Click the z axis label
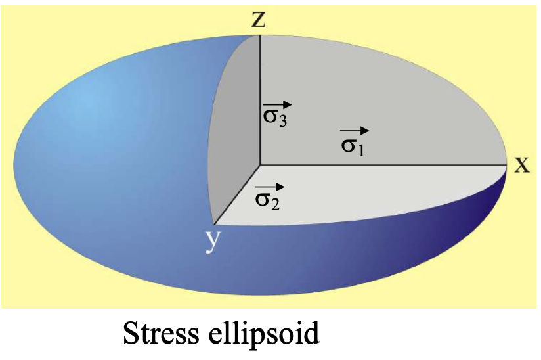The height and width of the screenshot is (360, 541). tap(259, 20)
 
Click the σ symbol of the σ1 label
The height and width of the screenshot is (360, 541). tap(349, 143)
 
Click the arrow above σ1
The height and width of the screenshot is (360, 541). tap(355, 131)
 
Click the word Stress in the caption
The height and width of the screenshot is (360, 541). tap(165, 335)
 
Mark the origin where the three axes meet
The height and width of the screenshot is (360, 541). tap(260, 164)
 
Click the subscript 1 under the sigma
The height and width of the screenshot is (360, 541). tap(361, 150)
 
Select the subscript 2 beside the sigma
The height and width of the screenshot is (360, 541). tap(276, 204)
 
